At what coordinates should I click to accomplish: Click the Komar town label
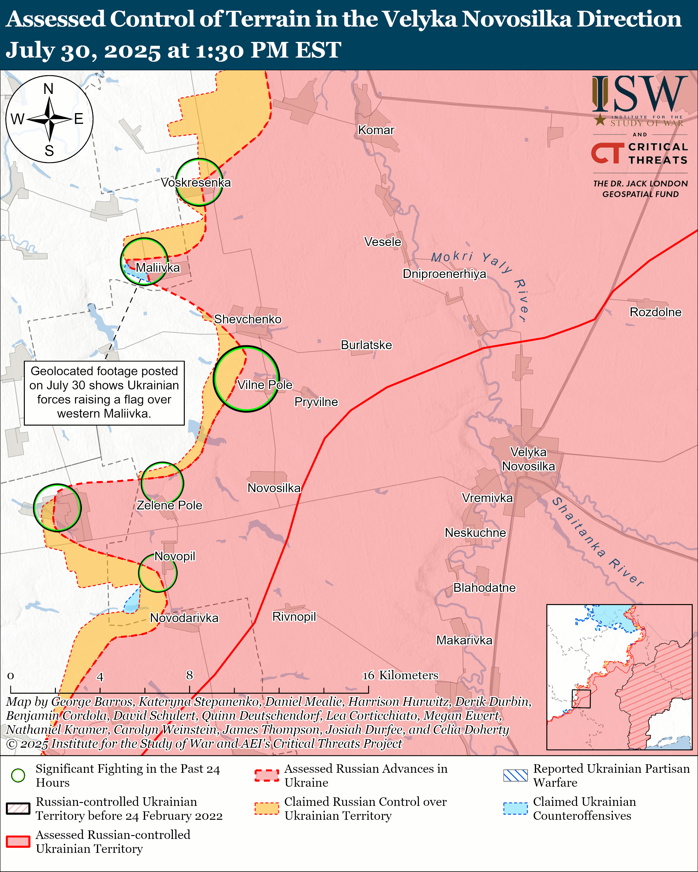click(x=376, y=130)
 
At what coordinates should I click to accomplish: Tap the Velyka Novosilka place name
click(x=528, y=459)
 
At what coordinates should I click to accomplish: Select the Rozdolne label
click(x=655, y=312)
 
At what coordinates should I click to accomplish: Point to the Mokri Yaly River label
click(x=481, y=279)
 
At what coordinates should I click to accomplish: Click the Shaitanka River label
click(x=597, y=542)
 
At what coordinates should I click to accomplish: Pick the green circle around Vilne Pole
click(x=246, y=379)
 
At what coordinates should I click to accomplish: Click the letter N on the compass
click(x=48, y=89)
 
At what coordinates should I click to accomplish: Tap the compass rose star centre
click(x=49, y=119)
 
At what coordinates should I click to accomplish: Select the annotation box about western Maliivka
click(x=104, y=393)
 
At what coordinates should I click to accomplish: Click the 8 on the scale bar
click(x=189, y=675)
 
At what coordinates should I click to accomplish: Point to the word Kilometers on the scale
click(x=408, y=675)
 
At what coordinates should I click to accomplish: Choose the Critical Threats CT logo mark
click(x=607, y=153)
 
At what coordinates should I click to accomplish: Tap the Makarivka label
click(x=464, y=640)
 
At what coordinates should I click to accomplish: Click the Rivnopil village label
click(x=294, y=617)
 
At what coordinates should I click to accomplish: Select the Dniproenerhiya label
click(x=444, y=274)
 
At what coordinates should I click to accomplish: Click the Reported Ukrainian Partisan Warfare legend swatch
click(x=515, y=775)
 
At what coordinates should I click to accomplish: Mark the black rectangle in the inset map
click(x=581, y=698)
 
